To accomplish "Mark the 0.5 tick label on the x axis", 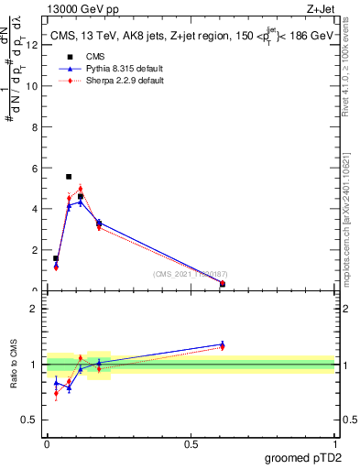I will pos(191,444).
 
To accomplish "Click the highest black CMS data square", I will pos(69,176).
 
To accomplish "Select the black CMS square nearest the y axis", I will pos(56,258).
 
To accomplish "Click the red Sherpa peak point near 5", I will pos(81,189).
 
